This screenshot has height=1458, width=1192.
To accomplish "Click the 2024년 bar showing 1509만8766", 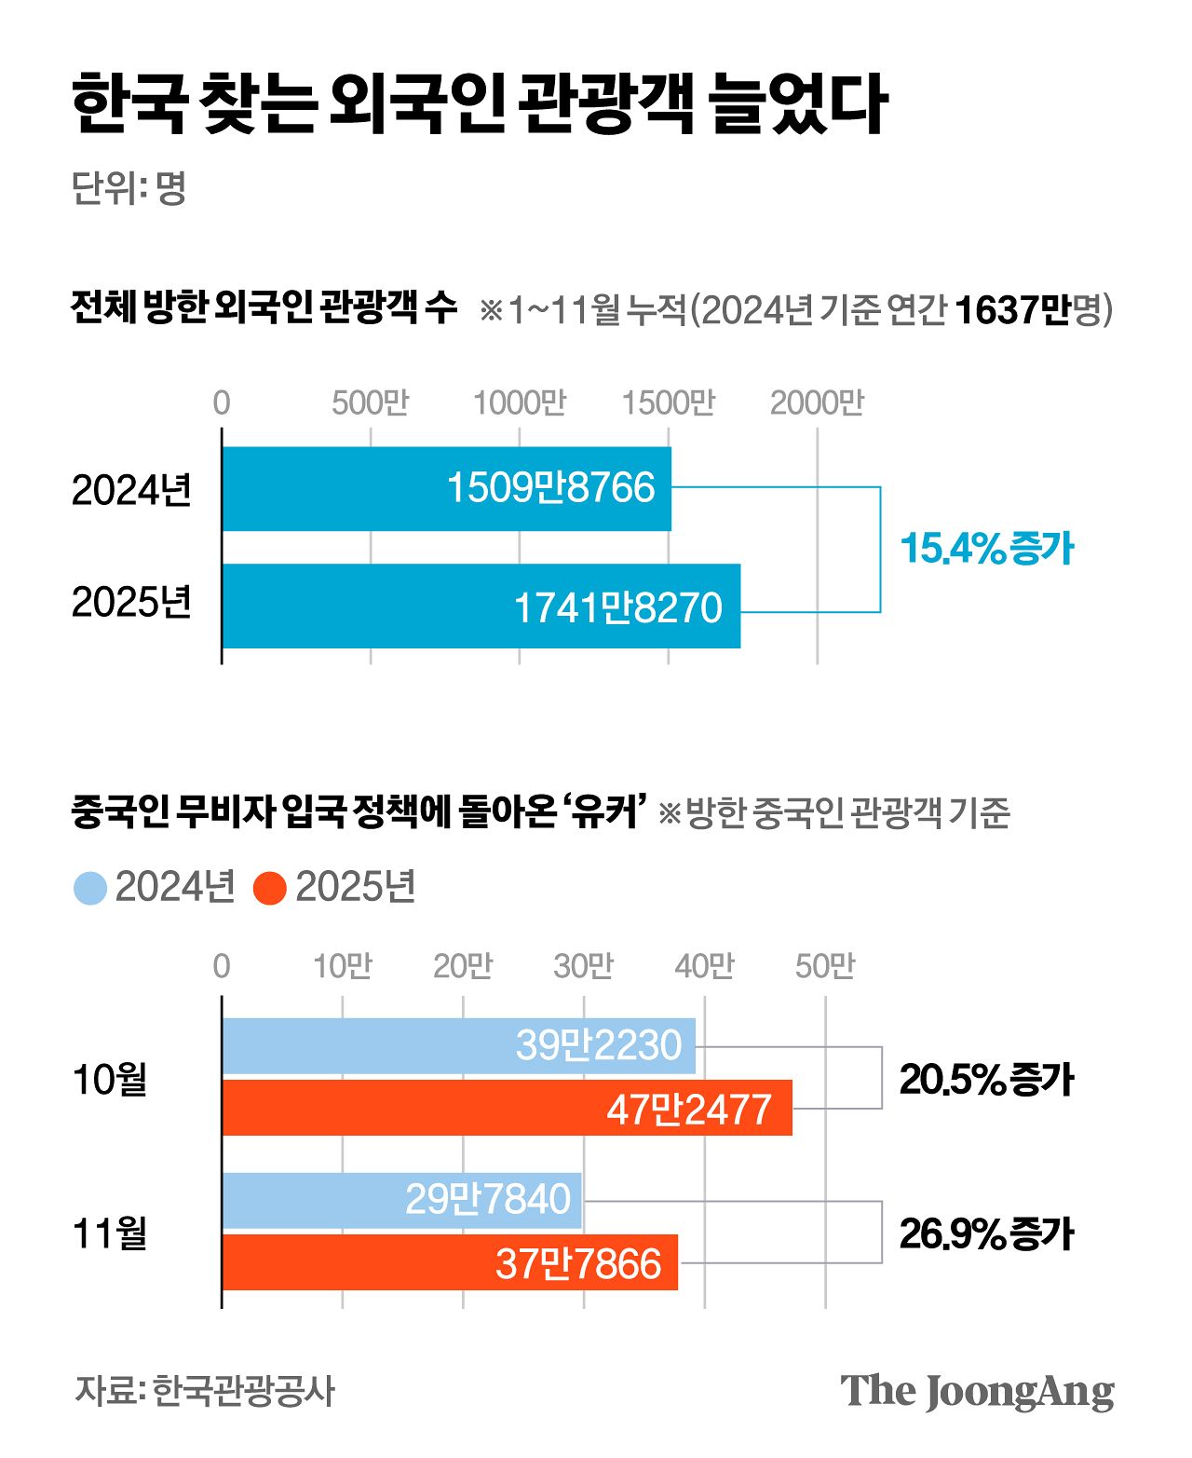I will click(x=446, y=489).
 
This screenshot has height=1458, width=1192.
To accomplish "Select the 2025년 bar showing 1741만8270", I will click(x=481, y=606).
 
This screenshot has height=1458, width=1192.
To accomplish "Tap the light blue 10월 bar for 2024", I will click(x=458, y=1046).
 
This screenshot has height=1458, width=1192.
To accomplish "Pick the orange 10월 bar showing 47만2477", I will click(x=507, y=1109).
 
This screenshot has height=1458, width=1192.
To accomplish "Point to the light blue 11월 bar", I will click(x=401, y=1200).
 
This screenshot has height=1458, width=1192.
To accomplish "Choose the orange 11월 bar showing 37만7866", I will click(x=450, y=1263).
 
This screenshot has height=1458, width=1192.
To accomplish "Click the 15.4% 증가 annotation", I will click(x=987, y=549).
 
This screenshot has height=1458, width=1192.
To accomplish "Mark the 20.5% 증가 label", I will click(x=986, y=1080).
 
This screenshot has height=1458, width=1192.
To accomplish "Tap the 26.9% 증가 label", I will click(x=986, y=1234).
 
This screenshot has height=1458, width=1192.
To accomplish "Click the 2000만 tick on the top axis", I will click(x=817, y=403).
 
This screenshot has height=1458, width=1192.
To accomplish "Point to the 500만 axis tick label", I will click(x=370, y=403).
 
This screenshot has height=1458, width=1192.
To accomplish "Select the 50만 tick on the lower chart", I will click(x=824, y=967).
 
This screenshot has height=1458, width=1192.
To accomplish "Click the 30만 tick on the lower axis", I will click(x=583, y=967).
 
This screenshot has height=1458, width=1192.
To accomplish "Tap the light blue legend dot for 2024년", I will click(x=90, y=888).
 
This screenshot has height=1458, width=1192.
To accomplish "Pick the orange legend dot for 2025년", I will click(x=269, y=888).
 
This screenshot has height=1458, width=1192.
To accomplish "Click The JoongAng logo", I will click(x=977, y=1392).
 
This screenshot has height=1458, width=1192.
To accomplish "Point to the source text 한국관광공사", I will click(x=242, y=1391).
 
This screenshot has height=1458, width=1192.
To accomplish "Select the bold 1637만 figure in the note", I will click(x=1012, y=310).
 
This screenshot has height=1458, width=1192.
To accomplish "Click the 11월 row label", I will click(x=110, y=1233).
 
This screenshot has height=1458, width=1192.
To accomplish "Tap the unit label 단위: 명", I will click(x=129, y=189).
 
